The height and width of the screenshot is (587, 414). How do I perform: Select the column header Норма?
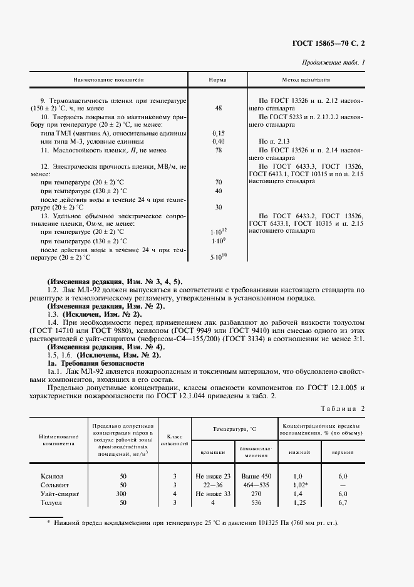[x=218, y=81]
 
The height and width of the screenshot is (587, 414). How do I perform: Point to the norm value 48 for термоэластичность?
[x=218, y=108]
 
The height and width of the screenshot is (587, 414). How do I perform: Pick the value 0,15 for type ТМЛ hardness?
[x=218, y=133]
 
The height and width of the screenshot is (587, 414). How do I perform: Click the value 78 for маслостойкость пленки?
[x=218, y=150]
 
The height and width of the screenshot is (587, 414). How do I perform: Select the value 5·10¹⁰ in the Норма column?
[x=218, y=256]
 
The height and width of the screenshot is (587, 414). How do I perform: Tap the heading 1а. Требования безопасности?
[x=86, y=364]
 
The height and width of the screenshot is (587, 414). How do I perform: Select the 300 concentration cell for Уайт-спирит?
[x=123, y=494]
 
